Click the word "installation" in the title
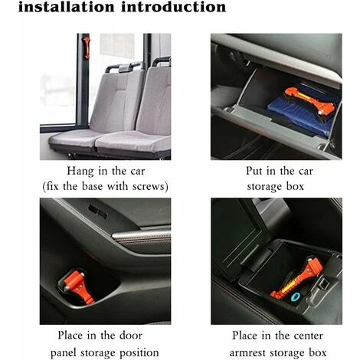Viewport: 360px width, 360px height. tap(66, 7)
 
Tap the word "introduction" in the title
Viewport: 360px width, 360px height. tap(173, 7)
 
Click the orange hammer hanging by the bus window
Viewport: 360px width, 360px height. tap(87, 47)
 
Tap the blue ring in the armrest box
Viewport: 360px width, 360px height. tap(295, 297)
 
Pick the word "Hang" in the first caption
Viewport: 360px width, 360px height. tap(80, 172)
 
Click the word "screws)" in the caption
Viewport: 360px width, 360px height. tap(150, 186)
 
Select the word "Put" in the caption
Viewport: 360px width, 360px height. tap(254, 171)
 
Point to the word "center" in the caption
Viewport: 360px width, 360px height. tap(309, 335)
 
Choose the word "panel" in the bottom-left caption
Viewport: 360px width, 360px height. tap(63, 353)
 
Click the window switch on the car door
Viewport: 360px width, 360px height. tap(97, 211)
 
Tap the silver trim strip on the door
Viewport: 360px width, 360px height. tap(142, 236)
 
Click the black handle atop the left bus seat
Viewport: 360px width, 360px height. tap(125, 67)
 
